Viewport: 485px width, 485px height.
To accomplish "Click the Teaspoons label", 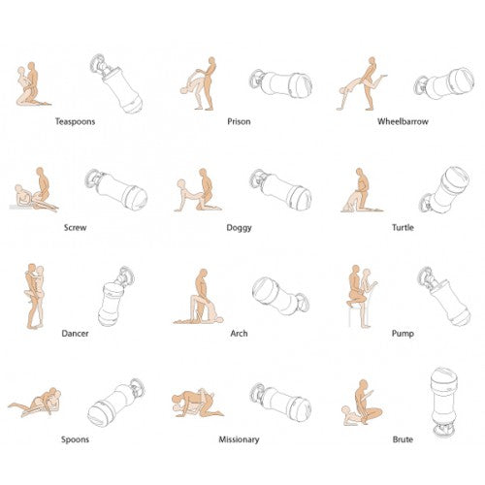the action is [x=75, y=121].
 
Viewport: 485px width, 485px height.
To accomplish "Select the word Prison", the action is [x=239, y=121].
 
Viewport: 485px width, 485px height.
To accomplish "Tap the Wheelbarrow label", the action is [x=403, y=121].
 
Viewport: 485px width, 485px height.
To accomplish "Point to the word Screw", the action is [x=75, y=228].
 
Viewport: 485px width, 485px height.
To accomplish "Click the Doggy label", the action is [x=239, y=228].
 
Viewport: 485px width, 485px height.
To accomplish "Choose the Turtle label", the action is [x=403, y=228].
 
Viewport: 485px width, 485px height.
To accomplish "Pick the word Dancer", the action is [x=75, y=334].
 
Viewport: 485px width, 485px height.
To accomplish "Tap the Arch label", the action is [x=239, y=334].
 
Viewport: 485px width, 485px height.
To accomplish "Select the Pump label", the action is [x=403, y=334].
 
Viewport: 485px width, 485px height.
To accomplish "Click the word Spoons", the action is [x=75, y=439].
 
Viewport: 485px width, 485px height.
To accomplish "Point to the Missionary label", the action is [x=239, y=439].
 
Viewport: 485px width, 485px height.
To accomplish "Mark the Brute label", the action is [x=403, y=439].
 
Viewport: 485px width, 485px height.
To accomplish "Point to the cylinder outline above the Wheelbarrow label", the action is [x=444, y=83].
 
